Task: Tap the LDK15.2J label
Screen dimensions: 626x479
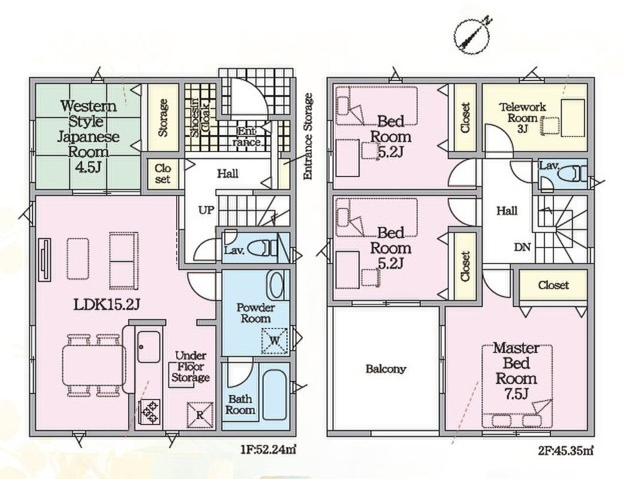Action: pos(107,305)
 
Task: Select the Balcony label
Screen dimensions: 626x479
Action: pos(386,369)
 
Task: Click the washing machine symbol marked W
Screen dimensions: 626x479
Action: pos(274,341)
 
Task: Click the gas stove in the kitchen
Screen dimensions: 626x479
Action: pos(149,413)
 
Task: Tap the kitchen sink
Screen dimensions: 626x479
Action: pos(149,347)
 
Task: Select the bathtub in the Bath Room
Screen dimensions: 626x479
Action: pos(275,395)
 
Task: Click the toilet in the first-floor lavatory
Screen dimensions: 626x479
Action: pos(262,248)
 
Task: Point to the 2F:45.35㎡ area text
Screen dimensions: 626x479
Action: pos(565,451)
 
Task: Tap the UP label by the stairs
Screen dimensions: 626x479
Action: pos(206,210)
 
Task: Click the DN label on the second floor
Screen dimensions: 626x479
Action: pos(522,247)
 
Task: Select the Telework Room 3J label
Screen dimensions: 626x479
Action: pos(522,117)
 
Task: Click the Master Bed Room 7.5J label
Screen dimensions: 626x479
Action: pos(516,371)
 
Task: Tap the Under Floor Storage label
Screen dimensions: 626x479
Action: pos(191,366)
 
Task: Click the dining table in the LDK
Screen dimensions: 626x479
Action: pos(94,365)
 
